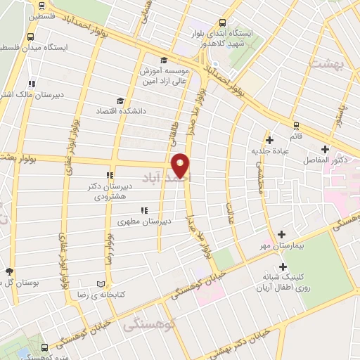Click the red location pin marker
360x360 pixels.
181,165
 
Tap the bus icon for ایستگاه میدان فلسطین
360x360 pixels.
31,37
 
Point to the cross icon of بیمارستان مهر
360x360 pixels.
282,234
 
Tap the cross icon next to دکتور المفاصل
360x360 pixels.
325,149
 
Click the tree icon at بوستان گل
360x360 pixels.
8,271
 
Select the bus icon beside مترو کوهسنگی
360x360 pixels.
45,348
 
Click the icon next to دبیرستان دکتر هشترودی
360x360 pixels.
109,176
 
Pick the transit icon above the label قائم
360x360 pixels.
296,127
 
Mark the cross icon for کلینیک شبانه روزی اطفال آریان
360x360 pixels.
283,267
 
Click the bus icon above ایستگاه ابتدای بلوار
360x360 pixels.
223,22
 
